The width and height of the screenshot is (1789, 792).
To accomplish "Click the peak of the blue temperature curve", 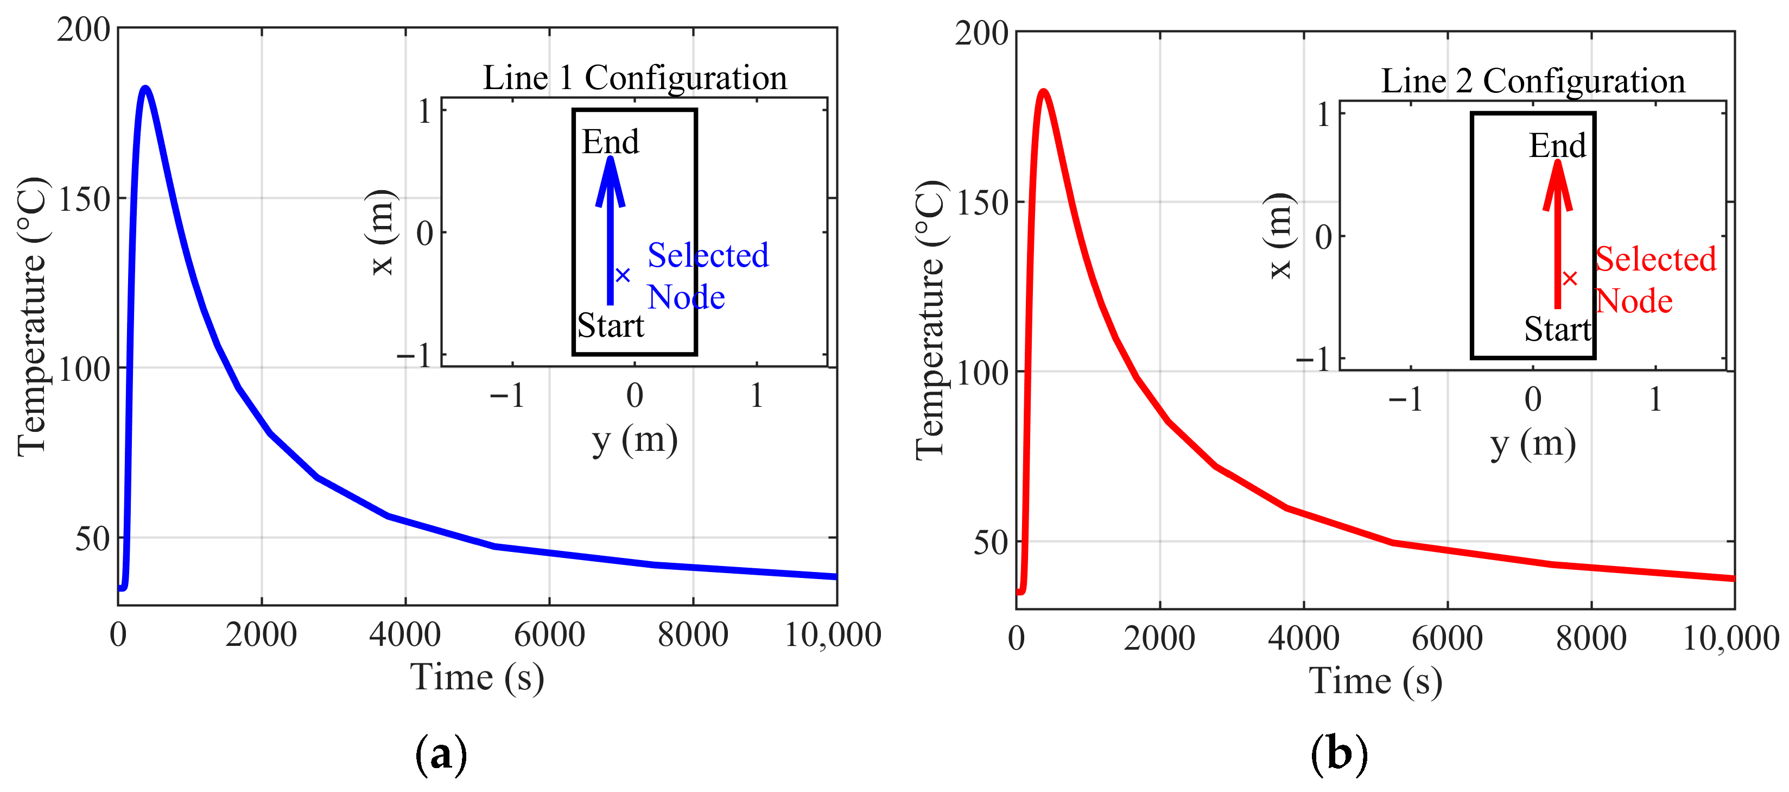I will click(x=145, y=88).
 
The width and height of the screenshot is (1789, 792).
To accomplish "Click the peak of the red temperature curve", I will click(x=1043, y=92).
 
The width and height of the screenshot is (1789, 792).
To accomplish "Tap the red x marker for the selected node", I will click(x=1570, y=279).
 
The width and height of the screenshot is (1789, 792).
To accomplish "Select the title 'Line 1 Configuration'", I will click(x=635, y=77).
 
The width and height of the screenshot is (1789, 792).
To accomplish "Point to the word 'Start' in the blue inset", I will click(x=611, y=325).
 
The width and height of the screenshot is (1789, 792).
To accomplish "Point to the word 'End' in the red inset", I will click(x=1558, y=145).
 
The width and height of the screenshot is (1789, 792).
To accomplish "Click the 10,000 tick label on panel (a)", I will click(x=832, y=634).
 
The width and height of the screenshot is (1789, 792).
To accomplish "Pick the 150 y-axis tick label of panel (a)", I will click(x=84, y=199).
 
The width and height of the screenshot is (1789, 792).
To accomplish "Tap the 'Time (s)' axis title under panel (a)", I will click(x=477, y=677).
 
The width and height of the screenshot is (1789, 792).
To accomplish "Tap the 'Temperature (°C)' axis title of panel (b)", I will click(x=930, y=319).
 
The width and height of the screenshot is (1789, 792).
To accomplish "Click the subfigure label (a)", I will click(x=440, y=755).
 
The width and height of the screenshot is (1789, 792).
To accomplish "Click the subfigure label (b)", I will click(x=1338, y=755).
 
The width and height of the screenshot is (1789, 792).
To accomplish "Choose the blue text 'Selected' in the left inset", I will click(x=708, y=255).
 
